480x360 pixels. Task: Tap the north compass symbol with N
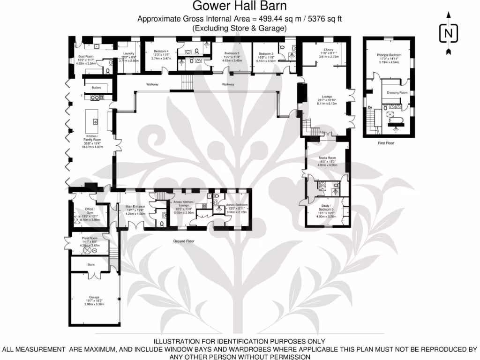coord(449,33)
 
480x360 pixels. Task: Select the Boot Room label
coord(86,57)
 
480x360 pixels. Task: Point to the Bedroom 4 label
coord(161,51)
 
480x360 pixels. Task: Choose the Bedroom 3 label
coord(232,53)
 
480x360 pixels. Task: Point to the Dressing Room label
coord(397,93)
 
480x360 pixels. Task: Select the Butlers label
coord(96,88)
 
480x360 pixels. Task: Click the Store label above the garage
coord(91,265)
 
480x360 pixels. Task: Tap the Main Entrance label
coord(135,206)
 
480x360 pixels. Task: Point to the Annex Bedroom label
coord(236,205)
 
